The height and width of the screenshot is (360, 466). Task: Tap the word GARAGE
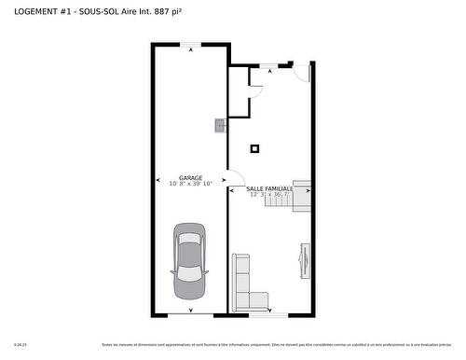[x=191, y=177]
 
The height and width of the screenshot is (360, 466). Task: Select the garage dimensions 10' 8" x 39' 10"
[x=191, y=184]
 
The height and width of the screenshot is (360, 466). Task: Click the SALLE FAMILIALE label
[x=270, y=188]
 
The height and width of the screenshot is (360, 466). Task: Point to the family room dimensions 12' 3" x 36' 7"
[x=270, y=195]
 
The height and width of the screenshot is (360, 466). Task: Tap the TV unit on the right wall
[x=304, y=260]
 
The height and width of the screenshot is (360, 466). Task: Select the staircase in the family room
[x=301, y=197]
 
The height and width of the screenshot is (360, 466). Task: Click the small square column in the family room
[x=254, y=147]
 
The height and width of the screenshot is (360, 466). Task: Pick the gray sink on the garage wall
[x=220, y=125]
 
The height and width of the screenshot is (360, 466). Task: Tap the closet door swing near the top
[x=254, y=91]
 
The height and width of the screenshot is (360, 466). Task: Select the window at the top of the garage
[x=191, y=44]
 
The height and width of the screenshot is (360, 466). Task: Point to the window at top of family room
[x=268, y=65]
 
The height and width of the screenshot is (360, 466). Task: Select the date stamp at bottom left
[x=20, y=345]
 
